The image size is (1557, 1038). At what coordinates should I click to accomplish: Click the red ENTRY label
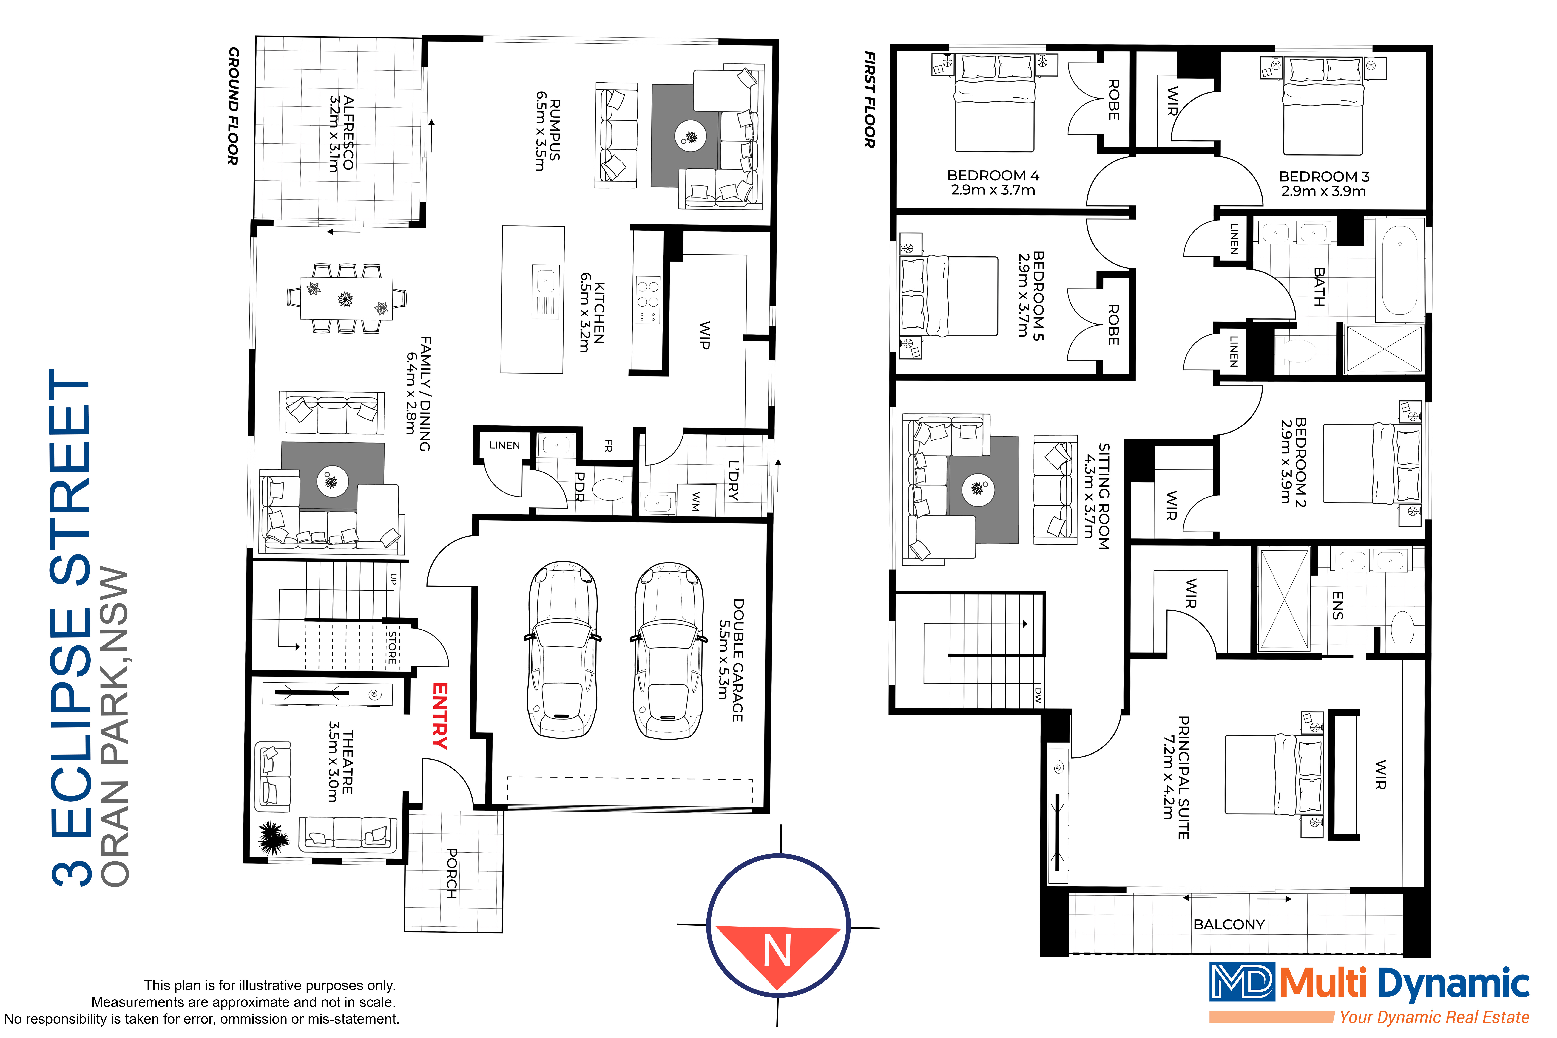click(x=440, y=716)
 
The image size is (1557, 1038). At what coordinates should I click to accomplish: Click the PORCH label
click(x=452, y=873)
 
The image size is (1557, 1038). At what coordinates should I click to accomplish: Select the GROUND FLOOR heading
click(x=233, y=106)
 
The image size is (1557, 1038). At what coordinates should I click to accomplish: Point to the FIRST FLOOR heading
click(x=870, y=99)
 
